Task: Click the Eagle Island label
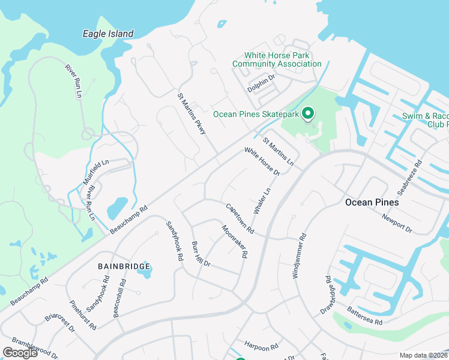[x=107, y=34]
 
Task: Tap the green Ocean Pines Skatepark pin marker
[x=308, y=113]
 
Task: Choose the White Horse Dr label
[x=262, y=161]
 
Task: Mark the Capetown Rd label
[x=240, y=218]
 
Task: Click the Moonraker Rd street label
[x=235, y=241]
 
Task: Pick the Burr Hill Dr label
[x=200, y=254]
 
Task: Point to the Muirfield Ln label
[x=97, y=172]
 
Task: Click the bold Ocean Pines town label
[x=372, y=202]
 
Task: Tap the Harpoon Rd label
[x=261, y=346]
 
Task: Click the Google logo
[x=20, y=352]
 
